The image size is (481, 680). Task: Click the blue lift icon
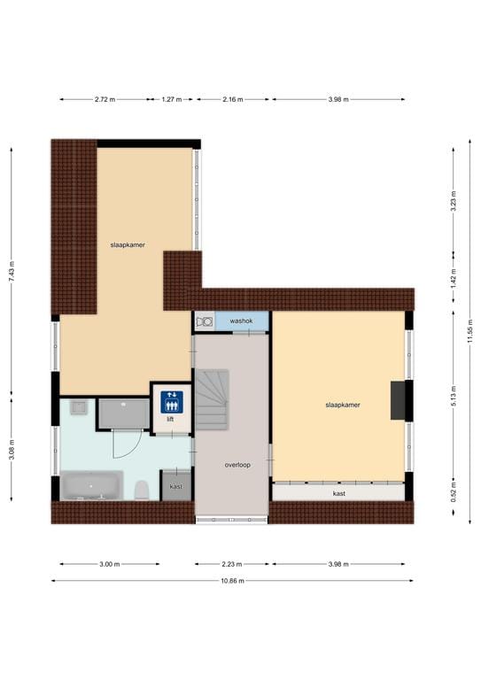172,402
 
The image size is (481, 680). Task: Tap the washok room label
241,321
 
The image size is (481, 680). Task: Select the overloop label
237,465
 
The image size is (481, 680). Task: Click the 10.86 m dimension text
232,581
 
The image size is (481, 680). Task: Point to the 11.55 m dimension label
470,331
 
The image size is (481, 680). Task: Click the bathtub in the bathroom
91,485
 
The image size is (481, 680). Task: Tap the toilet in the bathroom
142,490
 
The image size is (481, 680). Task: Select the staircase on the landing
212,399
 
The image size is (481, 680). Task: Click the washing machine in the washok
205,321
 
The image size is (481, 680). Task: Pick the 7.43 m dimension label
12,272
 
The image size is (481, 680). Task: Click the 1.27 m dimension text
171,99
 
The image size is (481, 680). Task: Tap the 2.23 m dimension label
231,564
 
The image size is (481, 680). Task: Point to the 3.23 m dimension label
454,201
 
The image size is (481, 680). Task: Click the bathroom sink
79,407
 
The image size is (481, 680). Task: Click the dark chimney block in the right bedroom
398,400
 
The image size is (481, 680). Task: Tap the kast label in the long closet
338,493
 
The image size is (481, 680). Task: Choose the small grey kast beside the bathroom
175,486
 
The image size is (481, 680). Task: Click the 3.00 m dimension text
109,564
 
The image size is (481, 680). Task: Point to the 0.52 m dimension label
454,491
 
